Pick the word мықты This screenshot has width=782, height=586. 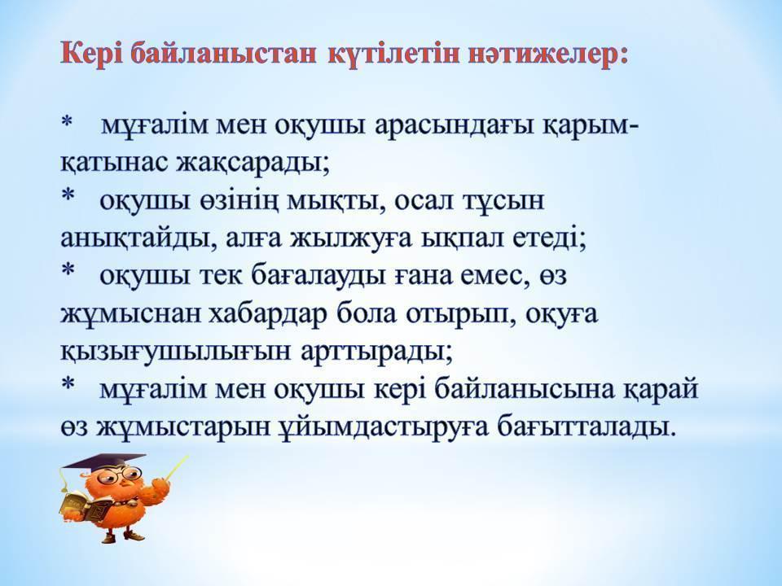[336, 202]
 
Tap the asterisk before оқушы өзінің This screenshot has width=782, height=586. [67, 195]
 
